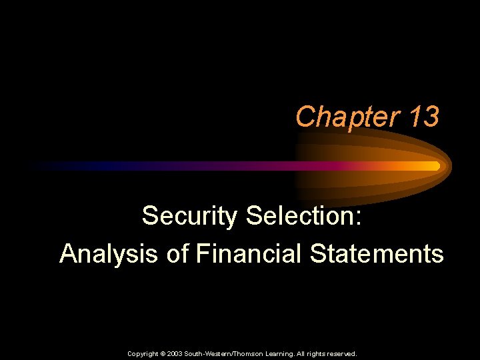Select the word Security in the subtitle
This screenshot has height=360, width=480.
[189, 216]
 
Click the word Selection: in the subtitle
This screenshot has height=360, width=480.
[304, 216]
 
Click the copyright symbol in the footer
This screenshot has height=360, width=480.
[162, 354]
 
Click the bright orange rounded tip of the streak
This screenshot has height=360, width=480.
[435, 165]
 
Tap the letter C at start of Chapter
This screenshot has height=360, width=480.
[304, 117]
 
